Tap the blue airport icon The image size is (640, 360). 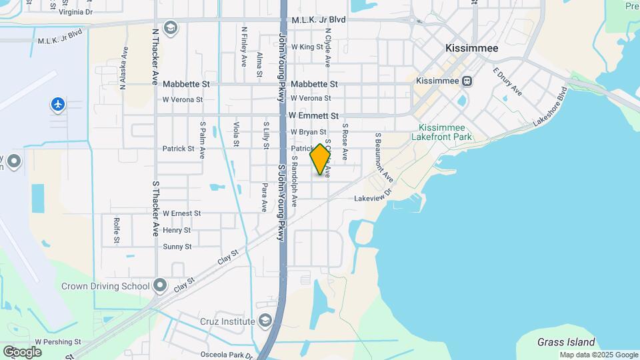click(x=58, y=104)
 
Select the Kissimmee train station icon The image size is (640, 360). click(x=467, y=81)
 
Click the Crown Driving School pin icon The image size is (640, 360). click(x=160, y=286)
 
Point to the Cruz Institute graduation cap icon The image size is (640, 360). click(x=266, y=321)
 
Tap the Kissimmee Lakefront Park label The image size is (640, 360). click(x=445, y=132)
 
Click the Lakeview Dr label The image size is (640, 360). click(x=375, y=198)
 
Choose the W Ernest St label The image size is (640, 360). click(x=182, y=213)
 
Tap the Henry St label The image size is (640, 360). click(x=177, y=230)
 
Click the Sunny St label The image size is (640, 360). click(x=177, y=247)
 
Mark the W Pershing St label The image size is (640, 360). click(x=58, y=341)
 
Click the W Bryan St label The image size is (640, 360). click(x=308, y=132)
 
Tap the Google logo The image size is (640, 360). click(x=22, y=352)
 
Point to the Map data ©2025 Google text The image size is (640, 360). click(x=598, y=355)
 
